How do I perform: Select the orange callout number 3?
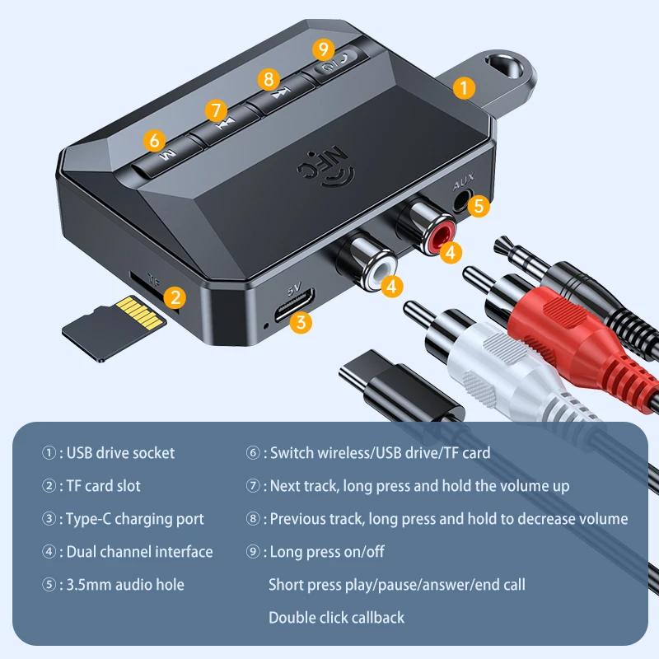coord(302,322)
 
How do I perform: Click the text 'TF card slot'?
coord(101,486)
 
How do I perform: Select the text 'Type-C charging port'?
coord(133,519)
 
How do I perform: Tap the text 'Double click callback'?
coord(336,617)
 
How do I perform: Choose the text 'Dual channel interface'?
coord(138,552)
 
